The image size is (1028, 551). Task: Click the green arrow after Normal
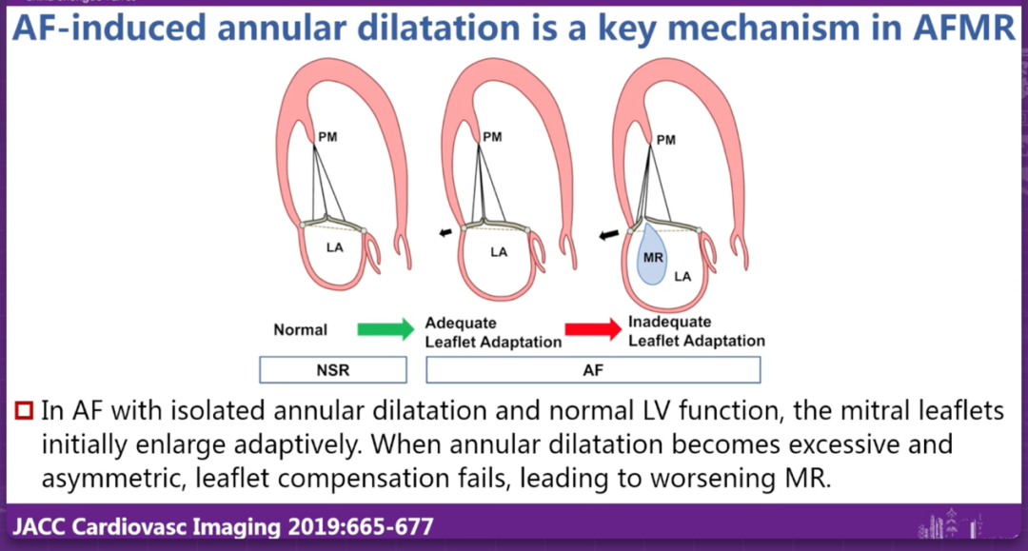(385, 329)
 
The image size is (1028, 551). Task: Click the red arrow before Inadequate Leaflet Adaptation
(592, 329)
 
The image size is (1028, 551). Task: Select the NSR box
(333, 369)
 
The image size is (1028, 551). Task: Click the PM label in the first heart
(326, 136)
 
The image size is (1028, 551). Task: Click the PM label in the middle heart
(492, 136)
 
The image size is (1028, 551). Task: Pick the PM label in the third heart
(666, 140)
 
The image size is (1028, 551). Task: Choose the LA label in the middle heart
(499, 252)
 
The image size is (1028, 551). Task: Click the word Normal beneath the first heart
(301, 330)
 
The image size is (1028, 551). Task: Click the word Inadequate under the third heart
(669, 322)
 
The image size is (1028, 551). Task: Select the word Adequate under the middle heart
(461, 323)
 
